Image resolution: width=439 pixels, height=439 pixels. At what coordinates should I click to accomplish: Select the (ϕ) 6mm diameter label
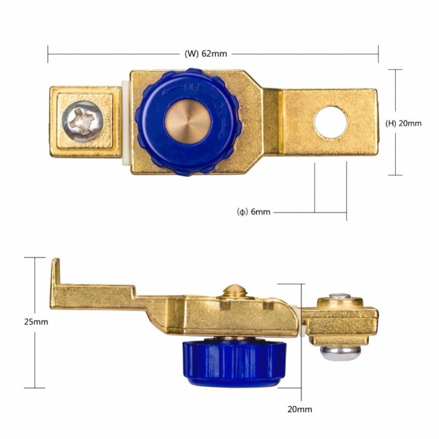tap(254, 212)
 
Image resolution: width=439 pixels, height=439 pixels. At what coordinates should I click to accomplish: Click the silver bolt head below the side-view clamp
tap(341, 353)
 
